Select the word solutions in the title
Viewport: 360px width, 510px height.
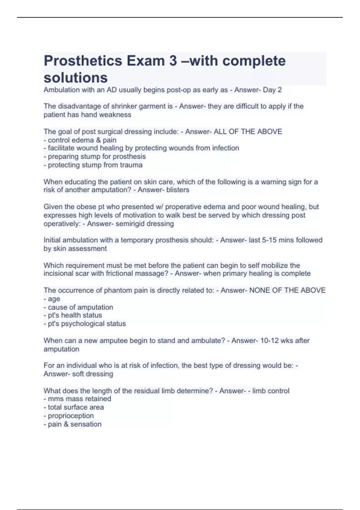76,78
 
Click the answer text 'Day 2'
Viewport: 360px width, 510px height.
272,90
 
